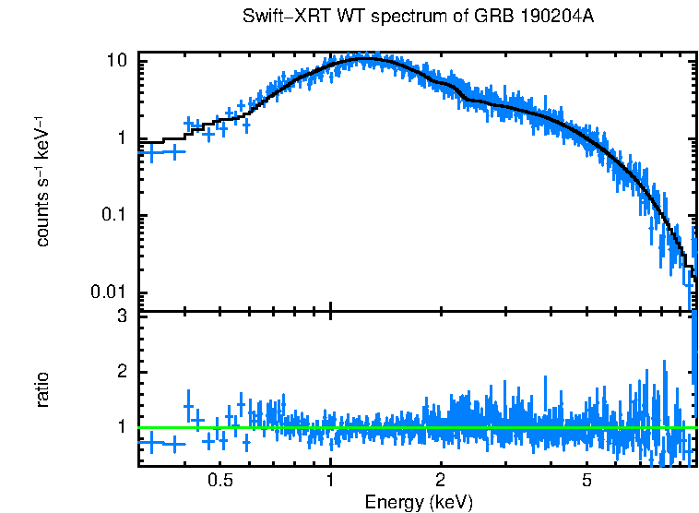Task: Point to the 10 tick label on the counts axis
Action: [117, 61]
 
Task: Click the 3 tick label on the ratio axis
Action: [123, 316]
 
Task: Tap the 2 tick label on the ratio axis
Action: [123, 372]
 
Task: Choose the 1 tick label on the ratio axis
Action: [123, 427]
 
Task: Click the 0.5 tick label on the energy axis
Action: [219, 481]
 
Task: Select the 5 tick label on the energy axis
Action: [586, 481]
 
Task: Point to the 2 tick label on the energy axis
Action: [441, 481]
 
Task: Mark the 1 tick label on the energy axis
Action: [330, 481]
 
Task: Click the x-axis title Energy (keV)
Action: [419, 502]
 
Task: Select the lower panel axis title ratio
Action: [42, 389]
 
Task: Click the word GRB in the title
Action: [494, 18]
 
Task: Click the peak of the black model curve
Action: [367, 58]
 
